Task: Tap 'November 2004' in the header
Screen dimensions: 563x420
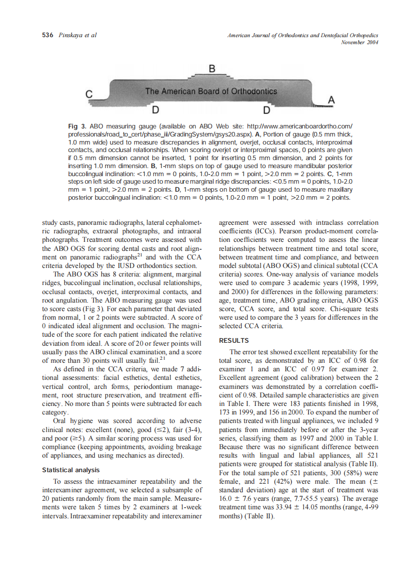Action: pos(359,42)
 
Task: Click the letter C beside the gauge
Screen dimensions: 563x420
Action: pos(89,93)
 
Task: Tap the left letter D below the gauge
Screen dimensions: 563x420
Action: pos(156,110)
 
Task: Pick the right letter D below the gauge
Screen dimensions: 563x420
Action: pos(267,110)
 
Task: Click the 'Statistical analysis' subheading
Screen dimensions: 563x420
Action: pos(71,470)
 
